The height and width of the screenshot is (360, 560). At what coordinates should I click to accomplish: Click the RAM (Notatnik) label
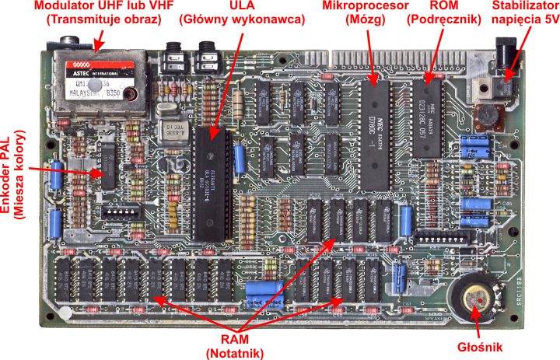(x=236, y=347)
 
